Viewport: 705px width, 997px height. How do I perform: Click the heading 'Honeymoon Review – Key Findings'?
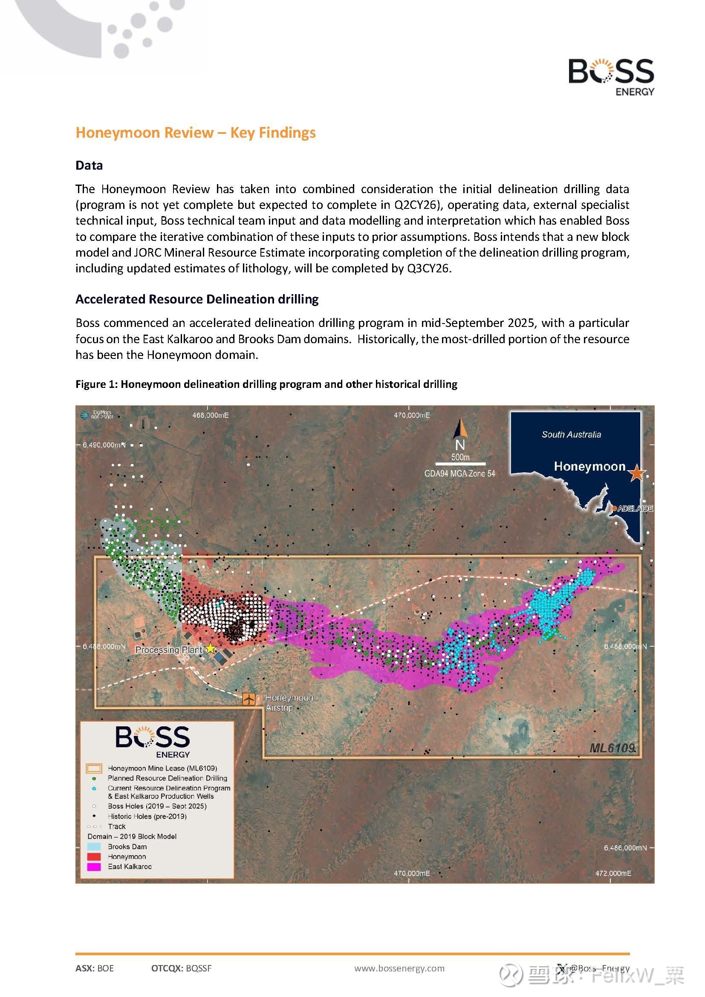195,133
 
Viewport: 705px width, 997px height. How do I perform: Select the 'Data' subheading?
89,165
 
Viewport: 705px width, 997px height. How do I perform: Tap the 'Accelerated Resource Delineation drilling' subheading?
196,299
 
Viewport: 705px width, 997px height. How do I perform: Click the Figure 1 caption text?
266,384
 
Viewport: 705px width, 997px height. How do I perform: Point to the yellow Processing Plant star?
210,648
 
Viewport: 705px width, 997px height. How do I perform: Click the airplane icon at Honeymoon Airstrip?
249,699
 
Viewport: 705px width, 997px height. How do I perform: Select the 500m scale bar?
460,463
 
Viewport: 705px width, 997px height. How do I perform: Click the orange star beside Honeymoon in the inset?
636,472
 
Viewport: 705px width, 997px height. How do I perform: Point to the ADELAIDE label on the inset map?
635,509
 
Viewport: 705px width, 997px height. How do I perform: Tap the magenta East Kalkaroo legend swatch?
94,867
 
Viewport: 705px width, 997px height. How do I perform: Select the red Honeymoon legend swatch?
94,857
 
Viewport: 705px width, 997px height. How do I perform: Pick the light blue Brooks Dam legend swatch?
94,847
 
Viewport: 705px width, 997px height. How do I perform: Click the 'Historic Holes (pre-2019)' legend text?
147,816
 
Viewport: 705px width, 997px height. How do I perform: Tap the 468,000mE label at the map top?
210,416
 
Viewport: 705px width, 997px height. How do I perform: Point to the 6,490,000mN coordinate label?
104,445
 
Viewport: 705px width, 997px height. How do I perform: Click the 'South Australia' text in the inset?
571,435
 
